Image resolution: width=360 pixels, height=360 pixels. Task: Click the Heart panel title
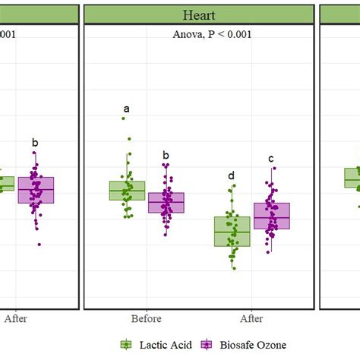coord(198,14)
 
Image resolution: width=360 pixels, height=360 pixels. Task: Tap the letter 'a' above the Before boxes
coord(126,109)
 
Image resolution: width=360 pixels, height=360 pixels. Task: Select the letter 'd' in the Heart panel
coord(232,176)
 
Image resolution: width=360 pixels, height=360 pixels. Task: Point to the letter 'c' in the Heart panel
coord(270,158)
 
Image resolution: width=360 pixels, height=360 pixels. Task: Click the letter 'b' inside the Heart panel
coord(166,156)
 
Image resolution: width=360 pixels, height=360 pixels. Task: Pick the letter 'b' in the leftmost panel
coord(34,142)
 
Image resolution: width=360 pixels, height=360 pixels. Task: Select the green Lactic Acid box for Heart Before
coord(127,191)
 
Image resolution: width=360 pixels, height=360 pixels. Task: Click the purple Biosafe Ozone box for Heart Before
coord(166,203)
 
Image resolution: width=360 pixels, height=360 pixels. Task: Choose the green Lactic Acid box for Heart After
coord(232,231)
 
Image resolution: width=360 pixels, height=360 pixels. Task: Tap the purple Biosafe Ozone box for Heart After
coord(271,216)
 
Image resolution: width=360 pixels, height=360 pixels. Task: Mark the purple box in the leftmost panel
coord(36,189)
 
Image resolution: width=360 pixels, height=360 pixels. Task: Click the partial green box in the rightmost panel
coord(352,178)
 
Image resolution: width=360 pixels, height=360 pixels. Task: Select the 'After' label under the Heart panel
coord(251,319)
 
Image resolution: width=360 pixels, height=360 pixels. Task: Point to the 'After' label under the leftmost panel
coord(15,319)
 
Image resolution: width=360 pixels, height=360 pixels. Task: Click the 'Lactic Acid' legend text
coord(164,346)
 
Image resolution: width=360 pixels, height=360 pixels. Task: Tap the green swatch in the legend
coord(126,346)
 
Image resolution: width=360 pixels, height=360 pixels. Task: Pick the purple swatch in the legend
coord(204,346)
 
